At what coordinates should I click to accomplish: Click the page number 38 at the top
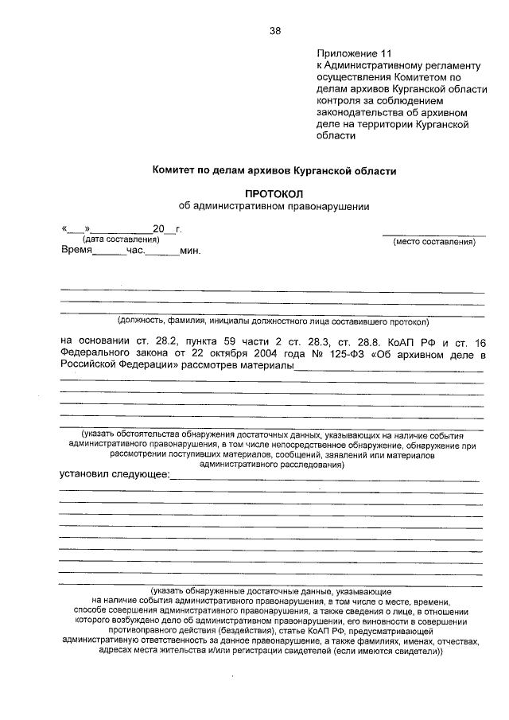274,31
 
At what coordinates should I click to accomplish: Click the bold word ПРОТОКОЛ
274,193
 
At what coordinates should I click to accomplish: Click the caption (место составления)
434,241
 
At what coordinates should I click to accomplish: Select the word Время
76,251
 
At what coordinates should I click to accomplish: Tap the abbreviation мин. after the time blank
190,251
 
